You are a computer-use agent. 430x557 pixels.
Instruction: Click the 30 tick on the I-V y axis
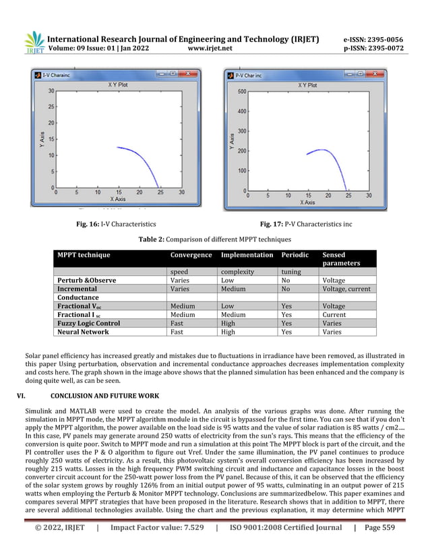(x=51, y=91)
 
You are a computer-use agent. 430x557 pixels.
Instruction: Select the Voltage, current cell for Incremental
(x=346, y=289)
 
